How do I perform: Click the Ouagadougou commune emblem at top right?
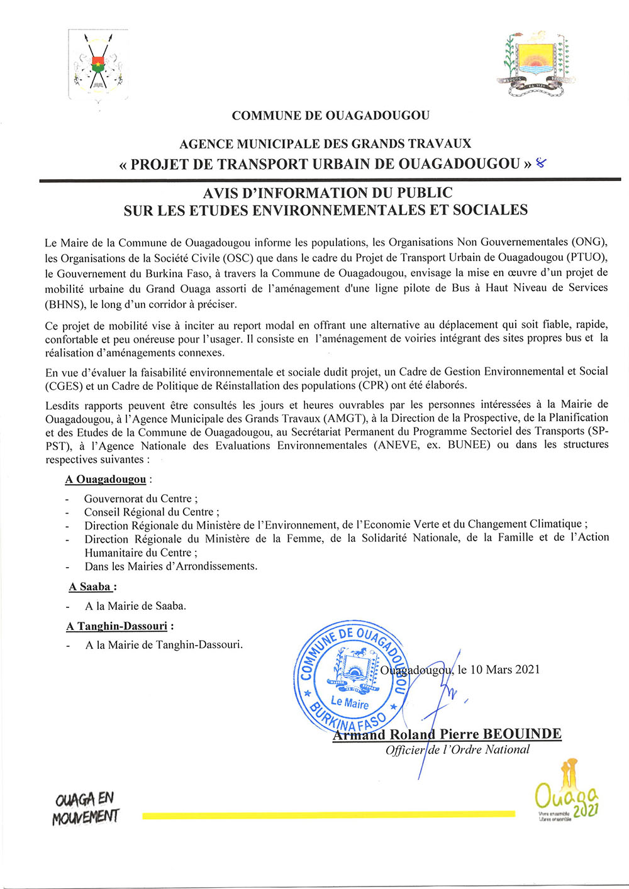[536, 65]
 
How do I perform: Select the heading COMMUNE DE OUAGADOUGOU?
[330, 116]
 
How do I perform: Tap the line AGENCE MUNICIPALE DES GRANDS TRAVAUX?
[325, 145]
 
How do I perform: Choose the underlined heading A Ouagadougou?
[106, 480]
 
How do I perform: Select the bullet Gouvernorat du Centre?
[138, 499]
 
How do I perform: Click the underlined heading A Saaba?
[91, 587]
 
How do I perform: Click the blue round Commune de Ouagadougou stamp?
[352, 678]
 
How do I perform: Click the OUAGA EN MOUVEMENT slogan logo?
[86, 808]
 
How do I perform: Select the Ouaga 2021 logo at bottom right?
[565, 792]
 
